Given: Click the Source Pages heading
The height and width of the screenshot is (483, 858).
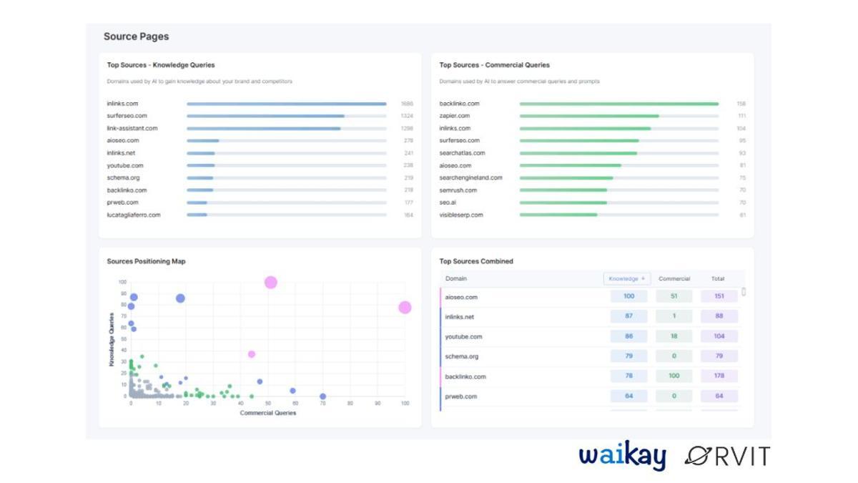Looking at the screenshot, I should pos(136,36).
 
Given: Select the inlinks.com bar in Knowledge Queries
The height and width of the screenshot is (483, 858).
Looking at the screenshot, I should pos(286,104).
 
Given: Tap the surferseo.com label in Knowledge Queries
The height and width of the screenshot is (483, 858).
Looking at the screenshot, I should pos(127,116).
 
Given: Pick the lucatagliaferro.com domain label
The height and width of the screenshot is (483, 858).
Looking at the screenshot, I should pos(134,215).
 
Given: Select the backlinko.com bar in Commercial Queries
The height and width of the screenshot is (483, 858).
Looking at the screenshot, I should pos(618,104).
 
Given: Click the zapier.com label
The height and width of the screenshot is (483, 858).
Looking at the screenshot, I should pos(455,116).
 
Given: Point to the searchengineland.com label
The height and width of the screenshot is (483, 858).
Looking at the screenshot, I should pos(470,177).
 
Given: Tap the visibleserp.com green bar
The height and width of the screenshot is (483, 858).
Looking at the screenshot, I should pos(558,215).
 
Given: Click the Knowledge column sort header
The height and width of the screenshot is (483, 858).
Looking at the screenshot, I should pos(627,278).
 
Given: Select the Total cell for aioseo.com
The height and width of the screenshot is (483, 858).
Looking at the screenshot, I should pos(719,296).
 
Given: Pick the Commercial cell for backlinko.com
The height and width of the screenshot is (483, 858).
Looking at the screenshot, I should pos(674,376).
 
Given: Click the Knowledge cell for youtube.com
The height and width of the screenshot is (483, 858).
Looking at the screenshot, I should pos(628,336).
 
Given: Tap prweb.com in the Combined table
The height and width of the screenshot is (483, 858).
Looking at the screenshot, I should pos(461,396).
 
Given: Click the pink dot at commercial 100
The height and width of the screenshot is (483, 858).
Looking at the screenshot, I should pos(405,308).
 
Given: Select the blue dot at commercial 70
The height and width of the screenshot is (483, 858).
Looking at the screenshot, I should pos(322,396).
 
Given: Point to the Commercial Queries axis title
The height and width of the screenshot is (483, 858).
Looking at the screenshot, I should pos(267,413).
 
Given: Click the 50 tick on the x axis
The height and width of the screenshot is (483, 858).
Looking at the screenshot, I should pos(267,404).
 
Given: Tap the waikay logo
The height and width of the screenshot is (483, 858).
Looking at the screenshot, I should pos(622,456).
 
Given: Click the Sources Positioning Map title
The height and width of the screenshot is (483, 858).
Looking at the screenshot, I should pos(146,261).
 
